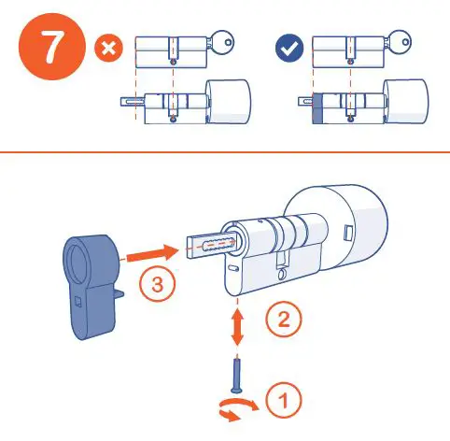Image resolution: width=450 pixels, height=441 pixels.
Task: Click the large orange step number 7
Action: pos(51,47)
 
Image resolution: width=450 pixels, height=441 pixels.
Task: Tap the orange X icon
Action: pos(109,49)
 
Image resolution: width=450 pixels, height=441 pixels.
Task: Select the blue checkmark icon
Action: pos(289,49)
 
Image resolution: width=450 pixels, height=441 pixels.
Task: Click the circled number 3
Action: pos(158,284)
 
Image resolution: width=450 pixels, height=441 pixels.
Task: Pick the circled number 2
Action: pos(284,319)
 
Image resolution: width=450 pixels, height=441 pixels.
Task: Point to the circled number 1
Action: pos(284,400)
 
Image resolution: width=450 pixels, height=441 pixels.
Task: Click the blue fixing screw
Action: pos(237,376)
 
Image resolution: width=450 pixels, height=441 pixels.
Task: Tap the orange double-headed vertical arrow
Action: pos(237,326)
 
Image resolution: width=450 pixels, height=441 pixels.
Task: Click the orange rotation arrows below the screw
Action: pos(238,408)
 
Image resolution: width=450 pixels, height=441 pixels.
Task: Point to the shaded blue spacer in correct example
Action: pos(317,108)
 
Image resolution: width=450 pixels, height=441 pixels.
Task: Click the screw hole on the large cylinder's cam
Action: pos(283,275)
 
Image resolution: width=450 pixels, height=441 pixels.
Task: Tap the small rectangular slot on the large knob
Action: pos(348,233)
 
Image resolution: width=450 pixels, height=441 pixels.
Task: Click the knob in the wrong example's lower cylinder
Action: pos(229,102)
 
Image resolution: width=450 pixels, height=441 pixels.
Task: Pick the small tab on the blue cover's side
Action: pos(120,294)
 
